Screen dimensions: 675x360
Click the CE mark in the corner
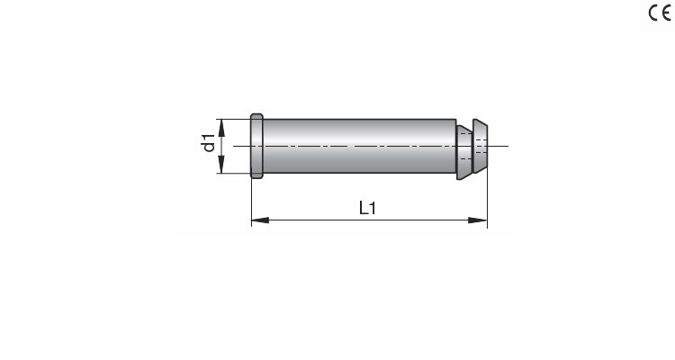tap(660, 13)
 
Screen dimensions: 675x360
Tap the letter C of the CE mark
tap(653, 13)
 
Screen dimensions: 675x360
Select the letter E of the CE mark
tap(666, 13)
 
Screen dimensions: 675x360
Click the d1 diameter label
tap(209, 143)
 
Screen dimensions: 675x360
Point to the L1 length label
tap(367, 208)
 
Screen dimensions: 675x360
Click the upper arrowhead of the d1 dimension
tap(221, 128)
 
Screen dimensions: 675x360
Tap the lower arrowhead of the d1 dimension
tap(221, 165)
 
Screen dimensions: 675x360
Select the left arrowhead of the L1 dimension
tap(260, 220)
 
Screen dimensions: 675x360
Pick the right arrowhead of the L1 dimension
tap(478, 220)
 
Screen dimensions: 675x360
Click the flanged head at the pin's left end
tap(256, 146)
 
